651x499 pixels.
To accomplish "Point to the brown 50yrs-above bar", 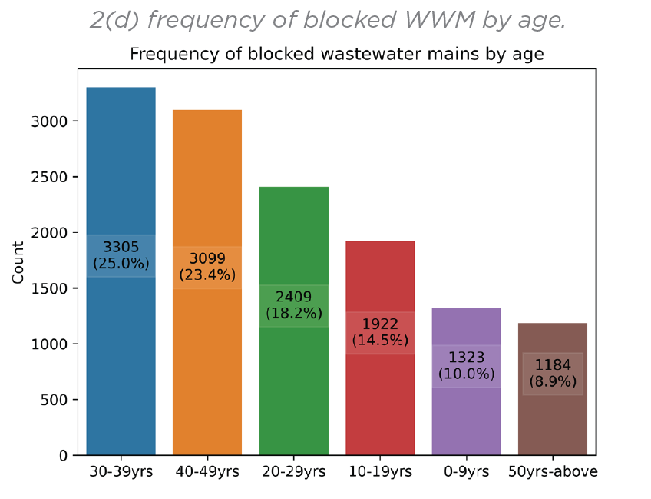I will tap(553, 423).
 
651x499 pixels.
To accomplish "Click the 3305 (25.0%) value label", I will tap(121, 255).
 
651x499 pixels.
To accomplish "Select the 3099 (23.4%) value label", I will tap(207, 267).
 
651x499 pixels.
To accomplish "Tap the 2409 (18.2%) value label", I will tap(294, 306).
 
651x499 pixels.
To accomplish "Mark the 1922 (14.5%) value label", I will tap(380, 332).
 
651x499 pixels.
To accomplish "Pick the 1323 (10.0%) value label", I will tap(467, 366).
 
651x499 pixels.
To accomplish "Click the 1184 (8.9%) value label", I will tap(553, 374).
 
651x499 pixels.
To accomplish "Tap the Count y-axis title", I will tap(18, 262).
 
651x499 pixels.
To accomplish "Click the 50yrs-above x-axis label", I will tap(553, 471).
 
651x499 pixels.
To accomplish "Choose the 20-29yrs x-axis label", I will tap(294, 471).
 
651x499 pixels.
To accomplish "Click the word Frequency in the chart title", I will tap(164, 55).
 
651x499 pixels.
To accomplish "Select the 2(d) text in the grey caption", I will tap(114, 19).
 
